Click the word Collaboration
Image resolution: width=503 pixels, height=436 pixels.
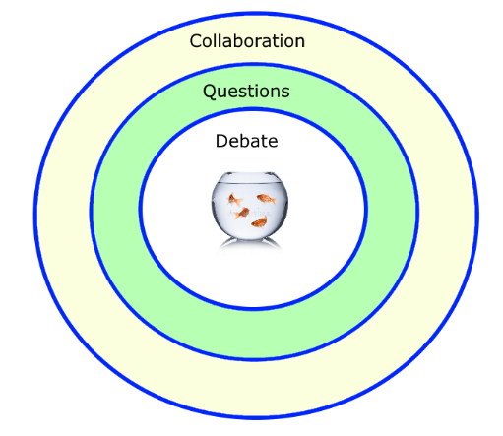[247, 41]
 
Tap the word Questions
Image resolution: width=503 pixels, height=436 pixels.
[246, 92]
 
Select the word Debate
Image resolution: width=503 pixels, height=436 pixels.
[247, 141]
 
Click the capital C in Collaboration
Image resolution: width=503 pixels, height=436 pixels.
[196, 41]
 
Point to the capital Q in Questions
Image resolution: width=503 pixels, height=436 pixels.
[210, 92]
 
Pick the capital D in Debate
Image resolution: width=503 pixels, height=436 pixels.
[221, 141]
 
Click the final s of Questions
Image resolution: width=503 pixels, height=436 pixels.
[285, 93]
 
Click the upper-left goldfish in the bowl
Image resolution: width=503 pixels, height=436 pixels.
[234, 199]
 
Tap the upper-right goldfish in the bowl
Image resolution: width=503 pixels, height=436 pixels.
[266, 199]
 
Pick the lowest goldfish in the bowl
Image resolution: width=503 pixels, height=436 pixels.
[259, 222]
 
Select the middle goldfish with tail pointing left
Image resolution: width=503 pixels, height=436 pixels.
[242, 214]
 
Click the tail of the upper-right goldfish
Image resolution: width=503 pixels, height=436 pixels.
[273, 200]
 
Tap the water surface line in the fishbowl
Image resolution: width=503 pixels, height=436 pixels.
[250, 183]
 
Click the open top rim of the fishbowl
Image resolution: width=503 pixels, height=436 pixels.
[250, 173]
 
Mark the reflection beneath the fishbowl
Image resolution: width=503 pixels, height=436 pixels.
[249, 244]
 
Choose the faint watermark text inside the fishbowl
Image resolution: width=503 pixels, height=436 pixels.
[250, 214]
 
